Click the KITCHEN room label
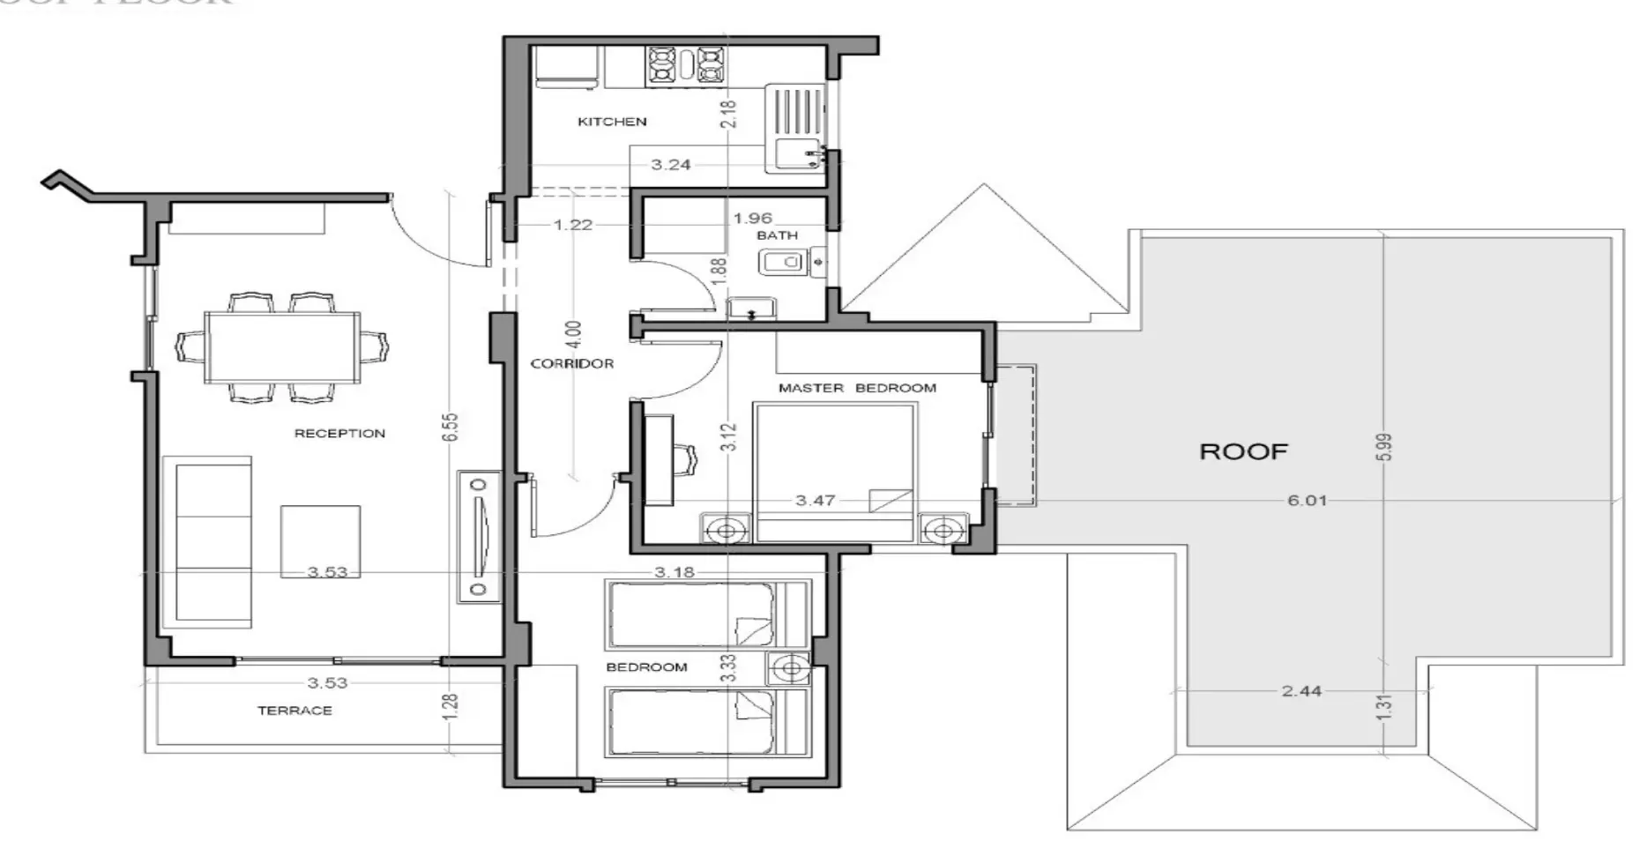point(612,122)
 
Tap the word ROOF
point(1243,452)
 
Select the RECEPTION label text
point(339,434)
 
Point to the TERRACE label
point(294,711)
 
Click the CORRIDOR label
point(571,363)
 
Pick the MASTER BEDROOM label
point(857,388)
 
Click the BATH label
point(777,235)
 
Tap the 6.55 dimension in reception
point(450,427)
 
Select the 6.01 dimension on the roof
point(1307,501)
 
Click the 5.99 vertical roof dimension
point(1384,447)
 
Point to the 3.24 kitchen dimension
point(670,165)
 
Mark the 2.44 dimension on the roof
point(1301,691)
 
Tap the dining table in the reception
point(282,347)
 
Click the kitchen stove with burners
point(688,66)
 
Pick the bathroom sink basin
point(781,262)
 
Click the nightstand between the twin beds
point(790,670)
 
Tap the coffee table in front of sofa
point(320,541)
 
